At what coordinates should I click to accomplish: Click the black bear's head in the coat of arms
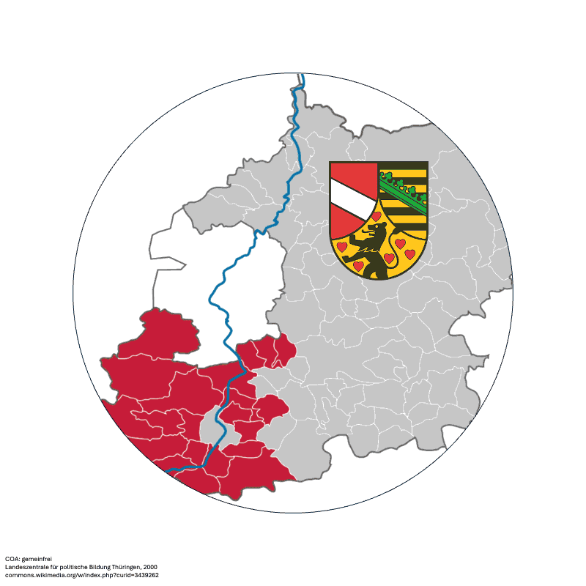coord(376,231)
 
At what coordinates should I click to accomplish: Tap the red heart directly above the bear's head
coord(377,216)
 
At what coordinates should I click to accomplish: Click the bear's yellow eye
coord(378,229)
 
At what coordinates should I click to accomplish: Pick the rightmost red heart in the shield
coord(411,253)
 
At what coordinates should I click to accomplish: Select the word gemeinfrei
coord(36,559)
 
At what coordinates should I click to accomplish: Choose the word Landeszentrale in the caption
coord(25,567)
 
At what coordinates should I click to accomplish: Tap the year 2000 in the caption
coord(149,567)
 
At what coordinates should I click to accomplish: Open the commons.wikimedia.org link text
coord(44,575)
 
